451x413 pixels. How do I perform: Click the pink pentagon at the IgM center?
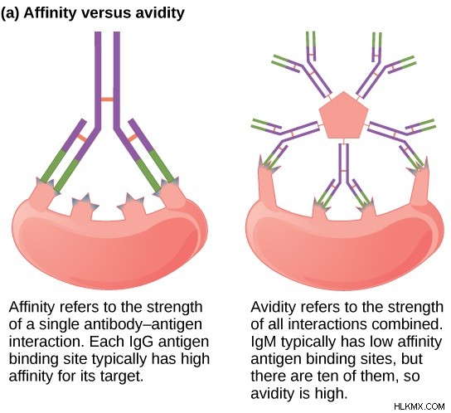click(x=344, y=115)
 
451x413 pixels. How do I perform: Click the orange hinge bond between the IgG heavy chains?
click(x=107, y=100)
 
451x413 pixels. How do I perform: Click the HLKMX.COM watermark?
click(x=419, y=406)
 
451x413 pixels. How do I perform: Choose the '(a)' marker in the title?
click(x=10, y=13)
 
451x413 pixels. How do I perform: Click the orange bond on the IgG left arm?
click(x=82, y=138)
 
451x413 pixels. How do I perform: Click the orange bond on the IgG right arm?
click(x=132, y=138)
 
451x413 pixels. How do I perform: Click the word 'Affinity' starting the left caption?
click(x=32, y=307)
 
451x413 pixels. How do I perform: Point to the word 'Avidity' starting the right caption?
click(x=273, y=307)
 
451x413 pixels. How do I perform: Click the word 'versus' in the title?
click(x=104, y=13)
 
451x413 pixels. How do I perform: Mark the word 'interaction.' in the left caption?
click(x=47, y=342)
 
